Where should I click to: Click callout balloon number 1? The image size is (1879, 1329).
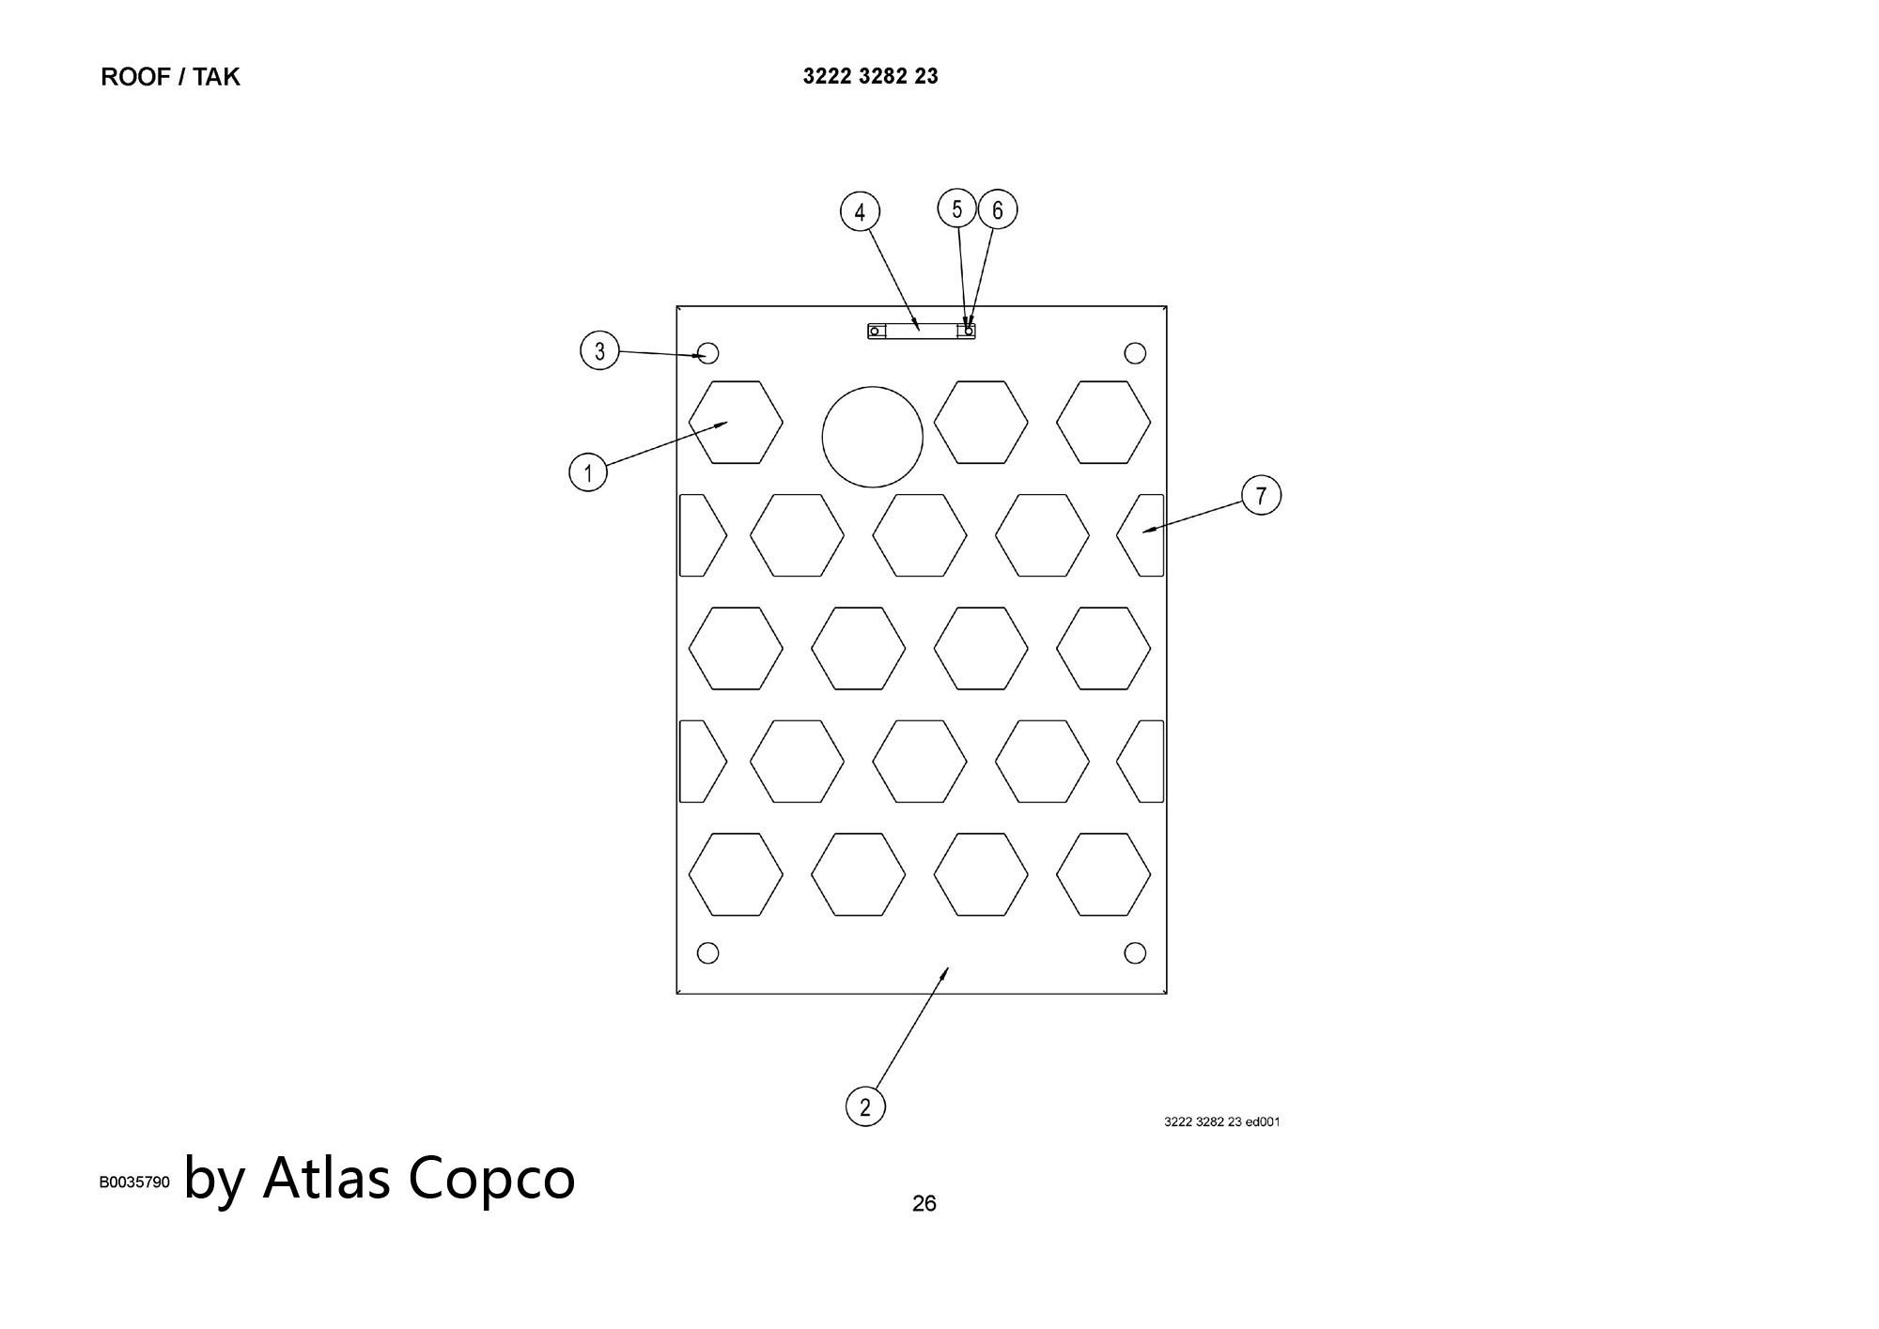588,471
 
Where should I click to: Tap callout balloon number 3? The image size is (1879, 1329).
599,351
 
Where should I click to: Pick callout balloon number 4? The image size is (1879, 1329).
860,212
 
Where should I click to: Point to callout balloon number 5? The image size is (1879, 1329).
957,209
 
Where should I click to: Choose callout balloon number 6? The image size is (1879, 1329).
998,209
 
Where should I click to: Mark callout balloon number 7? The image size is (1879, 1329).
1261,495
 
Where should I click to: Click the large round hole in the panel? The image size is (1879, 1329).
873,437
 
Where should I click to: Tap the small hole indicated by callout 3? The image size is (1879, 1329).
708,353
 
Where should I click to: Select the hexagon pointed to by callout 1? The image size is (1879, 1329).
736,423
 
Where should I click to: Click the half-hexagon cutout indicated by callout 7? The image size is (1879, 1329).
1141,535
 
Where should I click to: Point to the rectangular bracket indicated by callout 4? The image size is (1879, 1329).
921,331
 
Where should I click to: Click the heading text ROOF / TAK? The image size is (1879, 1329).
170,77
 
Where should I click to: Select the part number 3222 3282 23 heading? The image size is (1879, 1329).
870,76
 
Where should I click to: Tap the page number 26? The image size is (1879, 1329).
924,1203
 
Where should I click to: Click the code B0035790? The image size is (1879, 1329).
134,1182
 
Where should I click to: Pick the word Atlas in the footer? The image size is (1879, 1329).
326,1177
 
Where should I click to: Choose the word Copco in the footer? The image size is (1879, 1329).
491,1181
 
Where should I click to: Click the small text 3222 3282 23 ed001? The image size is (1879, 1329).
1221,1121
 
